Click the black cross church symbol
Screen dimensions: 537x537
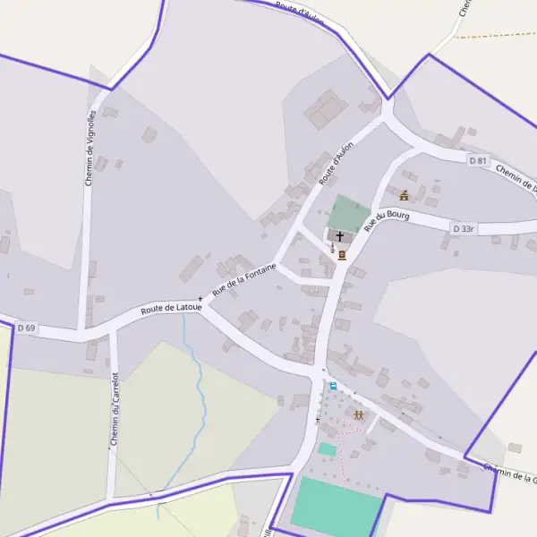(340, 235)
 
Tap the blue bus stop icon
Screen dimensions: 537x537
(333, 386)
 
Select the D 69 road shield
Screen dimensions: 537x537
(26, 328)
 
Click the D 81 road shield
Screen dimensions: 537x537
(479, 160)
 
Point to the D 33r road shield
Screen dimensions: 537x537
(463, 229)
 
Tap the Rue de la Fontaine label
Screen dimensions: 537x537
(243, 280)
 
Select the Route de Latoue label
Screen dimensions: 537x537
(171, 306)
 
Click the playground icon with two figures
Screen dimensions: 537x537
(358, 415)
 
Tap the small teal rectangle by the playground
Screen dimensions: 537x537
(327, 448)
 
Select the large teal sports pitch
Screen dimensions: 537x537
(335, 507)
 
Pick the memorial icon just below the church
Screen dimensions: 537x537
(342, 254)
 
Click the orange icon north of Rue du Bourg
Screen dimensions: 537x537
(404, 194)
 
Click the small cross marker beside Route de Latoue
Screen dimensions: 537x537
(200, 299)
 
